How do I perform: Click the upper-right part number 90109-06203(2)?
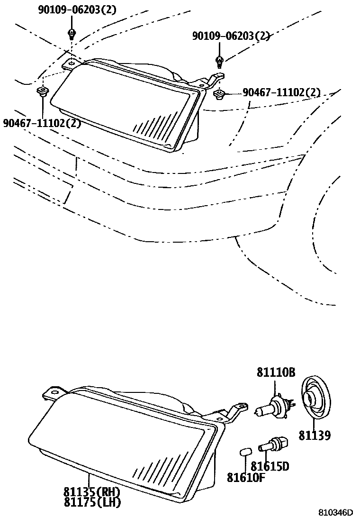tap(231, 36)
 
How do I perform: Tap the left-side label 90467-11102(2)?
tap(42, 124)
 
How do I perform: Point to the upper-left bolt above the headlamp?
tap(71, 34)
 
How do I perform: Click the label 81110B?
tap(276, 373)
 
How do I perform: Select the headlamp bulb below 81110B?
tap(273, 408)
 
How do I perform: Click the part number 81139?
tap(315, 435)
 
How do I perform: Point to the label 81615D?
tap(270, 466)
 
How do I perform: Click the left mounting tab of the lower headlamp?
tap(53, 393)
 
